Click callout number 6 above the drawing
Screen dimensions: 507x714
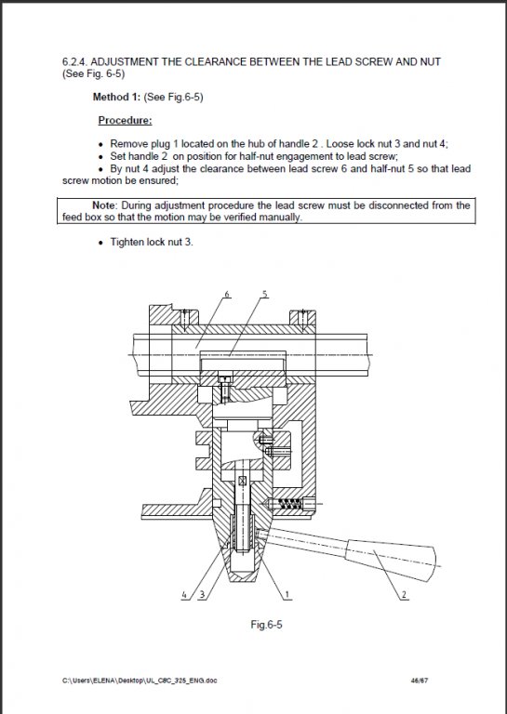(x=227, y=294)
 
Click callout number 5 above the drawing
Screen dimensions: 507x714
(x=264, y=294)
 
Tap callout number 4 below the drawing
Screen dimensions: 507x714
(x=184, y=595)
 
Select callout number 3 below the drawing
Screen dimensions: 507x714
(x=203, y=595)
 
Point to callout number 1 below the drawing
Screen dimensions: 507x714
(x=287, y=595)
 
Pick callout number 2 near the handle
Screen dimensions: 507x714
(x=404, y=595)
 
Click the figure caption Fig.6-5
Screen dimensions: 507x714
(x=266, y=625)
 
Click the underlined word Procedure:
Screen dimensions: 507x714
(x=126, y=120)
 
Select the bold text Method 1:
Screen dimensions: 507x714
(x=116, y=97)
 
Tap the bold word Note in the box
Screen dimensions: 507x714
(x=104, y=205)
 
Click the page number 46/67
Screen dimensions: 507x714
(x=420, y=681)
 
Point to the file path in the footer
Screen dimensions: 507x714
(x=140, y=681)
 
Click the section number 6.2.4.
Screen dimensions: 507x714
(x=74, y=61)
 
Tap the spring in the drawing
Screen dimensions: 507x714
(x=289, y=504)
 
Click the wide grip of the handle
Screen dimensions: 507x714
(x=392, y=560)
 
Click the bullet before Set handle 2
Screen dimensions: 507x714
(x=101, y=157)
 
